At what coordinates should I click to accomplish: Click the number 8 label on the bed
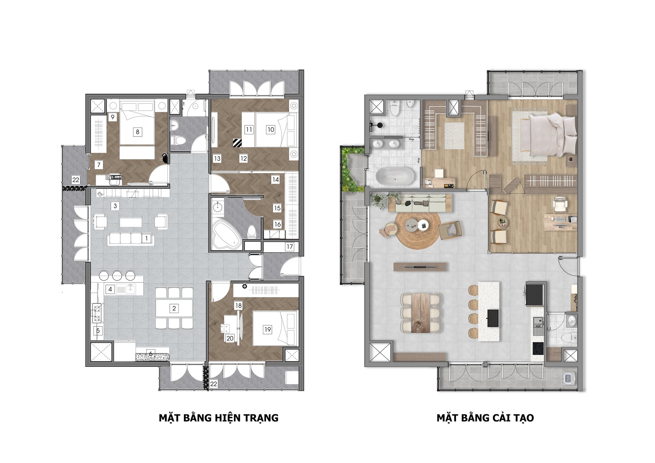[x=138, y=132]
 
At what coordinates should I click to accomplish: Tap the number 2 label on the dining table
[x=174, y=308]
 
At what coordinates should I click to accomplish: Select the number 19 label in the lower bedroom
[x=267, y=329]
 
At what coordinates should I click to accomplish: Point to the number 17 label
[x=289, y=247]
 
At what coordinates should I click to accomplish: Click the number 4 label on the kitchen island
[x=110, y=289]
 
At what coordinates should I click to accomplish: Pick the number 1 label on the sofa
[x=146, y=238]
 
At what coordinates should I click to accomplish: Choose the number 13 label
[x=217, y=158]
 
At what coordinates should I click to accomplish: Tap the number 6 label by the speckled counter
[x=150, y=354]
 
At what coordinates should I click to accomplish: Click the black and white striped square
[x=237, y=143]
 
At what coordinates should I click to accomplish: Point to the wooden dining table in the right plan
[x=421, y=312]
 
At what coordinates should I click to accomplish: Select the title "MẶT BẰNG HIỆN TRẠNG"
[x=219, y=418]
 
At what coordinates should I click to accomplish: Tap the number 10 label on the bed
[x=271, y=129]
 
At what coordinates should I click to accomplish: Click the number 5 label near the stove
[x=98, y=331]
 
